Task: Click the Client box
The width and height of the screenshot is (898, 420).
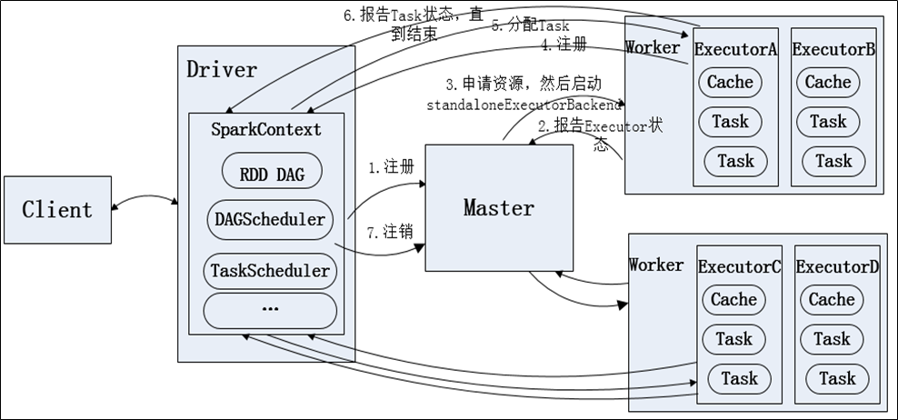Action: pyautogui.click(x=57, y=210)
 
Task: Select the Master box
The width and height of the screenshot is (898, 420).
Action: pyautogui.click(x=499, y=207)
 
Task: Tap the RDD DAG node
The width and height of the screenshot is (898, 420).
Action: pyautogui.click(x=272, y=173)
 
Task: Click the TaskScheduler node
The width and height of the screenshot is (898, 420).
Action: pyautogui.click(x=270, y=270)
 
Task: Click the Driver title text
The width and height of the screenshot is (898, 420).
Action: pyautogui.click(x=222, y=69)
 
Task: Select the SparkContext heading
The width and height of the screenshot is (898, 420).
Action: pyautogui.click(x=267, y=130)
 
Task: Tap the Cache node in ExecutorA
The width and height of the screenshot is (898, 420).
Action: pyautogui.click(x=730, y=82)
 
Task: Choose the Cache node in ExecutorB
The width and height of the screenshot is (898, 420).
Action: pyautogui.click(x=828, y=82)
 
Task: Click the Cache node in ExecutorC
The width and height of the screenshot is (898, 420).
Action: pyautogui.click(x=733, y=299)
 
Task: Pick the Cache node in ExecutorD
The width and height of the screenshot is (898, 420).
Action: pyautogui.click(x=832, y=299)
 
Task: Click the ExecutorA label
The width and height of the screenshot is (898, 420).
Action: pyautogui.click(x=735, y=50)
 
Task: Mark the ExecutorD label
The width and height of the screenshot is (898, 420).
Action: pyautogui.click(x=838, y=267)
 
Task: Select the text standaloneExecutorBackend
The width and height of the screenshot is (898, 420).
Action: pyautogui.click(x=524, y=105)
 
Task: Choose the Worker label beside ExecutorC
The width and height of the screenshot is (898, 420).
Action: pyautogui.click(x=655, y=265)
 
